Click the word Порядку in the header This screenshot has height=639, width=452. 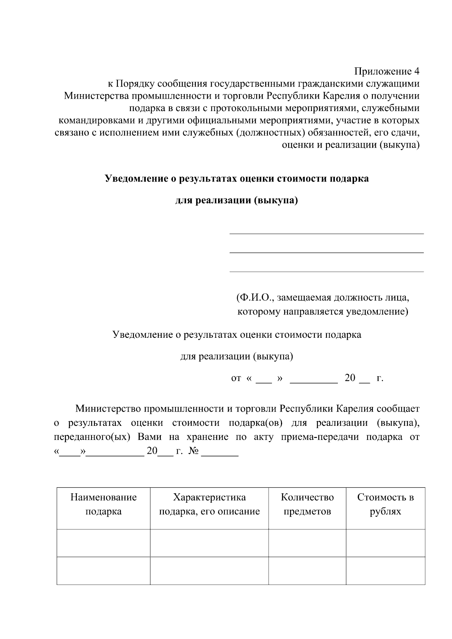[134, 84]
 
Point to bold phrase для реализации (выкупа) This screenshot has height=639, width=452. [237, 200]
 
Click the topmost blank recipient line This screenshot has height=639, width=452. [326, 233]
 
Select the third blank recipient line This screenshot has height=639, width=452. [326, 271]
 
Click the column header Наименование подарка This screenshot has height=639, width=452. [103, 504]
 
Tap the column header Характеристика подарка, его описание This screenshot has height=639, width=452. [209, 504]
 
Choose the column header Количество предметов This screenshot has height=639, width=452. [307, 504]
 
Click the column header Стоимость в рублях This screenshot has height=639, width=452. [385, 504]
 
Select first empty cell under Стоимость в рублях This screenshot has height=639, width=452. [385, 543]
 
